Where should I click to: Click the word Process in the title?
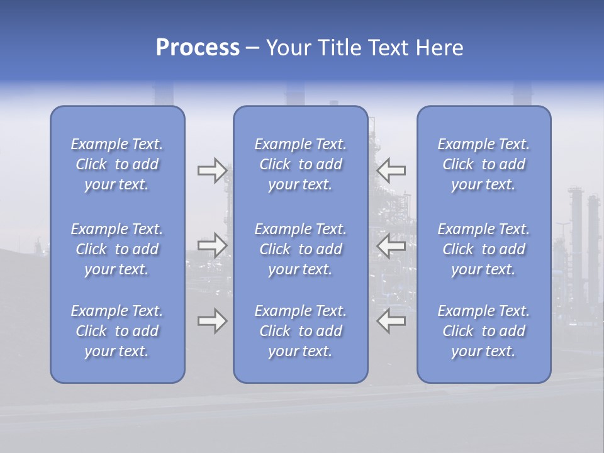[x=198, y=48]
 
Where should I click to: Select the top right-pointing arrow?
[x=212, y=171]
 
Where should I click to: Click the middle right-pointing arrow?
[x=212, y=245]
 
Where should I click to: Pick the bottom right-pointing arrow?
[x=212, y=321]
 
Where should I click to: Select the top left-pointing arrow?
[x=391, y=171]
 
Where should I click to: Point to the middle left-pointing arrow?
[x=391, y=245]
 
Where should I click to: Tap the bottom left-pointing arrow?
[x=391, y=321]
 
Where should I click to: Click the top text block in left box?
[x=117, y=164]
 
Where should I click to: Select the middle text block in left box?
[x=117, y=249]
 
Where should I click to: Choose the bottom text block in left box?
[x=117, y=331]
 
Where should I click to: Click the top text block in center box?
[x=301, y=164]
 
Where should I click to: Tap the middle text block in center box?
[x=301, y=249]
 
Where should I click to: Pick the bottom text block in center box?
[x=301, y=331]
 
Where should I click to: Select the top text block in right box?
[x=484, y=164]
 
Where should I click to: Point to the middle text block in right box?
[x=484, y=249]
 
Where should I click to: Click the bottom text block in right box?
[x=484, y=331]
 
